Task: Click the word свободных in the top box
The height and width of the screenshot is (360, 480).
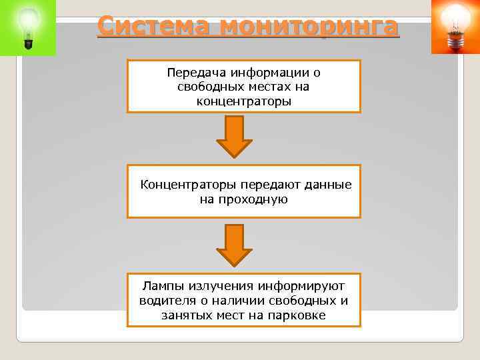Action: point(206,87)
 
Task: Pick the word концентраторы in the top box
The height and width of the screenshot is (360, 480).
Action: point(244,101)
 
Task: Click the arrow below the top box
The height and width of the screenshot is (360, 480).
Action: point(235,137)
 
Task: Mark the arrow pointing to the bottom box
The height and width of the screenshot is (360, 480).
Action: point(235,245)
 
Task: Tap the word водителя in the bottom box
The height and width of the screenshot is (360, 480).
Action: point(163,301)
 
